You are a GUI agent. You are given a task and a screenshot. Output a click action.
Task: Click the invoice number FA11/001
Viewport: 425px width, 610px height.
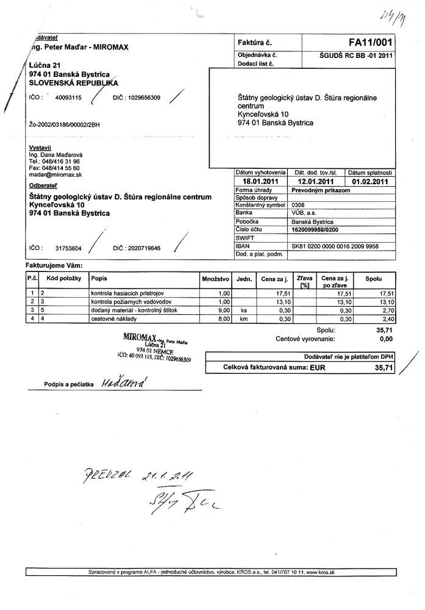tap(370, 43)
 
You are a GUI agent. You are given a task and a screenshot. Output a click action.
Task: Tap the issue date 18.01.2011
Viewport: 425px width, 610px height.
tap(260, 181)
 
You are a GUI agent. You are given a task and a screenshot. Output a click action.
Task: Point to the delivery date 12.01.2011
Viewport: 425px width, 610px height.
tap(316, 181)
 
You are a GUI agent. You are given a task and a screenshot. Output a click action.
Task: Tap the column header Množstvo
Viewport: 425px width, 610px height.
tap(215, 279)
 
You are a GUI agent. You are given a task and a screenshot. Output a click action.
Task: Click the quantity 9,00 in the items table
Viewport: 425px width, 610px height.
tap(223, 310)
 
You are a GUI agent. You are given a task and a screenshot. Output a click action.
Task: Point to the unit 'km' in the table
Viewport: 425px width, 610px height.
tap(244, 318)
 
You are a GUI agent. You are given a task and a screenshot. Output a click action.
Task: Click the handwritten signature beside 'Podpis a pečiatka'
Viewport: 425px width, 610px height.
tap(125, 382)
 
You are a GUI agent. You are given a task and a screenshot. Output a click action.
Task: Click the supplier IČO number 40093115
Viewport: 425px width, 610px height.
tap(68, 98)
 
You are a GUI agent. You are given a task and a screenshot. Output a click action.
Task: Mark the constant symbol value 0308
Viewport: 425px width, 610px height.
tap(298, 205)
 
